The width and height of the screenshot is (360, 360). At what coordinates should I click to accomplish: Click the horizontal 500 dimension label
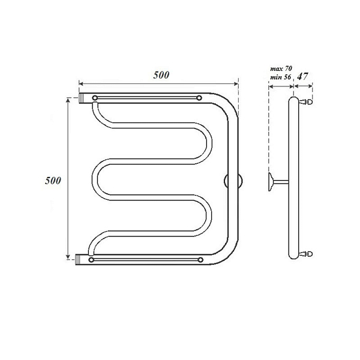[161, 75]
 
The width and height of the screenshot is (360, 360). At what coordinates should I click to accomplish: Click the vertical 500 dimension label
[53, 181]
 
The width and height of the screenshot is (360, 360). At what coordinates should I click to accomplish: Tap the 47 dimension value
[302, 76]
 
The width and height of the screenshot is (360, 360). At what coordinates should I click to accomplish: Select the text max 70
[281, 68]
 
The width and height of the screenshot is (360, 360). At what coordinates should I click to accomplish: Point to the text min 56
[281, 77]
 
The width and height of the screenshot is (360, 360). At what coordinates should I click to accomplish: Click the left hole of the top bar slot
[95, 98]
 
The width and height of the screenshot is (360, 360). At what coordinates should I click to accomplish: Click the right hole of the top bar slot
[199, 98]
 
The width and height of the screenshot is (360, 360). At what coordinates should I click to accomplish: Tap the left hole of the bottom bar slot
[91, 260]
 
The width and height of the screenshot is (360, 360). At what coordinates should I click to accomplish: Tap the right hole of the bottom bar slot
[200, 260]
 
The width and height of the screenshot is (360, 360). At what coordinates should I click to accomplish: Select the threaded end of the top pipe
[82, 98]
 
